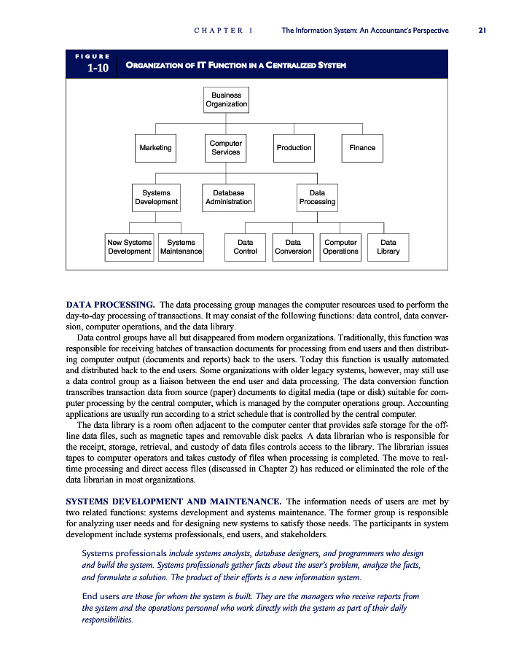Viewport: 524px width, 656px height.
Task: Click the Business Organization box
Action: click(x=226, y=100)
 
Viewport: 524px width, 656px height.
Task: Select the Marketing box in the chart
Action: click(x=155, y=148)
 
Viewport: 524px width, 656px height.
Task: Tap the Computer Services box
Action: click(x=225, y=148)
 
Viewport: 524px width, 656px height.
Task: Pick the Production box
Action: click(x=294, y=148)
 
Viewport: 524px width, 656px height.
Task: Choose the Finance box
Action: click(x=362, y=148)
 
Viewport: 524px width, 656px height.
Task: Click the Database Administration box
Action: click(x=228, y=198)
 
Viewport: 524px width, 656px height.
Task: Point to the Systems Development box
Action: click(x=156, y=198)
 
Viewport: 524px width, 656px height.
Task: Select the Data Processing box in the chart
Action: click(x=317, y=198)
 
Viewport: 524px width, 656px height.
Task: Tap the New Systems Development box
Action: click(x=129, y=247)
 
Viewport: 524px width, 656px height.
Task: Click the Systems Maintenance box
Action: click(x=181, y=247)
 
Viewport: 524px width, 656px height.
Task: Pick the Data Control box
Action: click(x=245, y=247)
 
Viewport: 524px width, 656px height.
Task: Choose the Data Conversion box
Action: click(x=293, y=247)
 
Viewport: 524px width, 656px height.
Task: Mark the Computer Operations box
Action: click(x=340, y=247)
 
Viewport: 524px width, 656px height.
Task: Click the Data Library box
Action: click(x=388, y=247)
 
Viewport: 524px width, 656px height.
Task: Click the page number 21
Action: click(x=482, y=31)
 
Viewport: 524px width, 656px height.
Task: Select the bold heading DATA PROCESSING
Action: click(x=110, y=304)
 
